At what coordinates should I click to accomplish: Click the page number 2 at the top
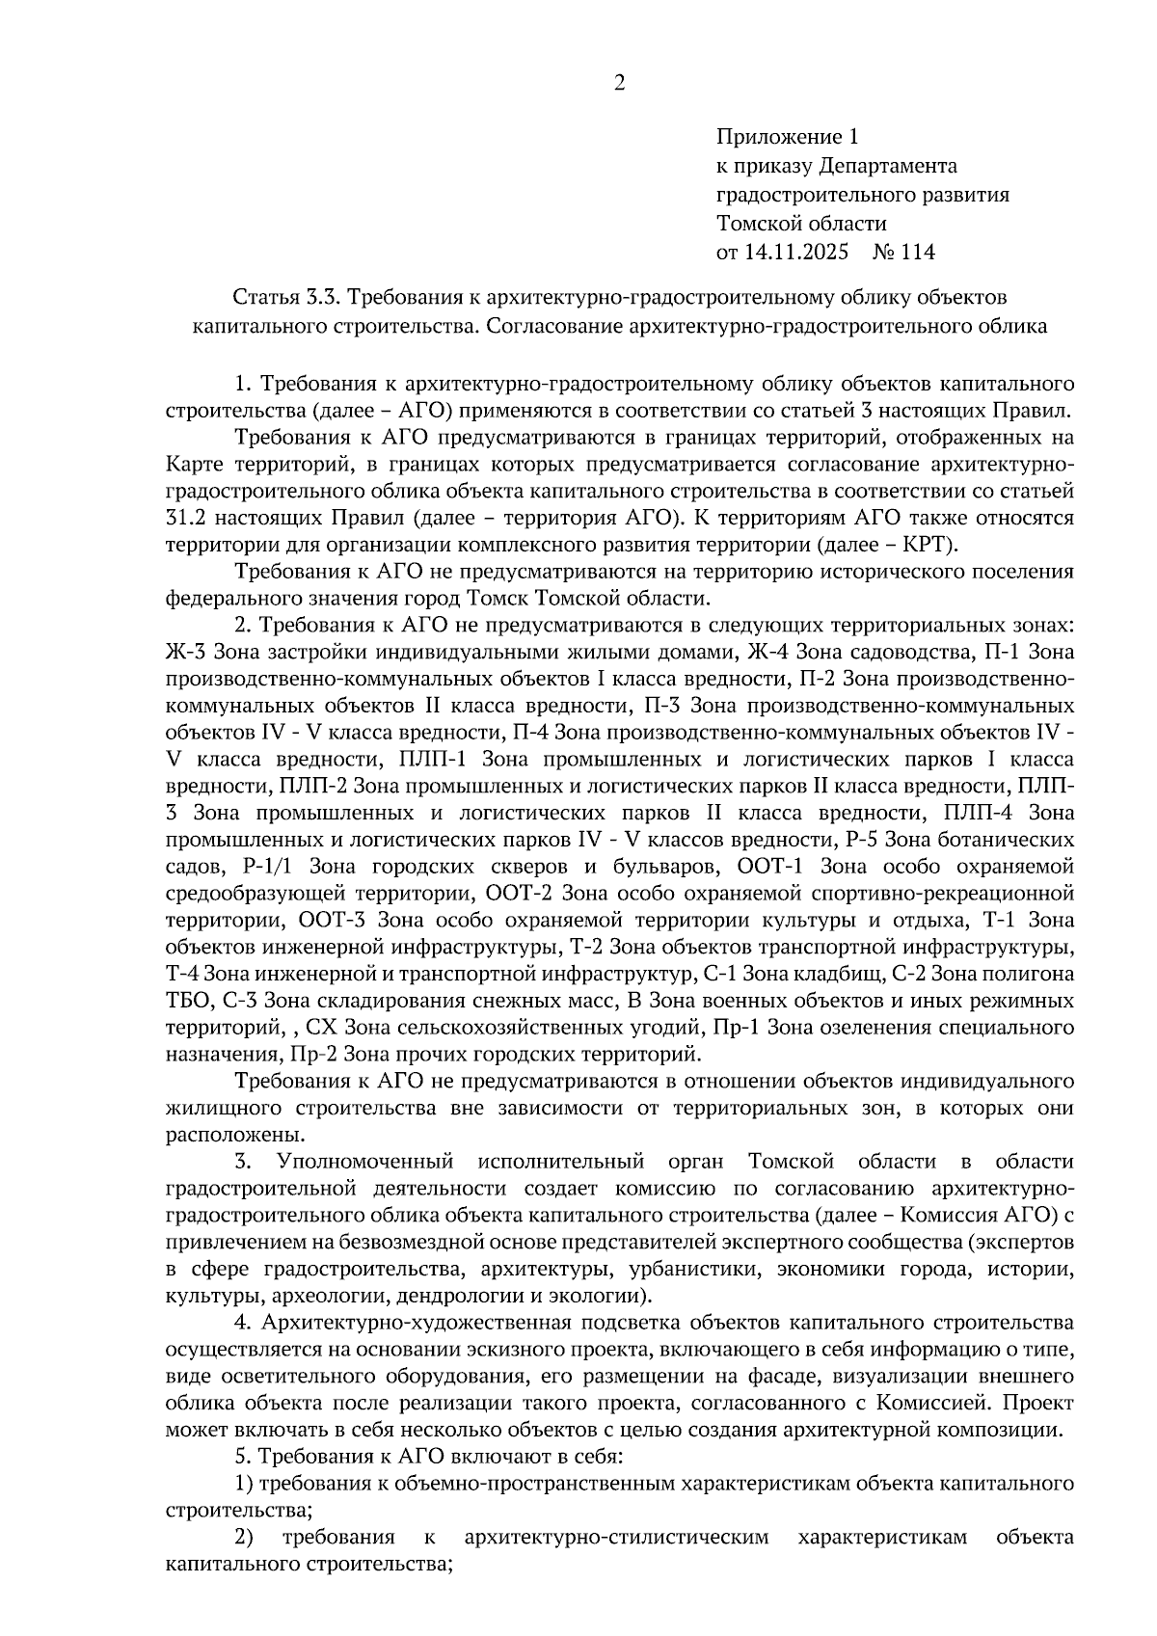click(x=619, y=83)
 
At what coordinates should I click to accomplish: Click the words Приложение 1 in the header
click(x=786, y=137)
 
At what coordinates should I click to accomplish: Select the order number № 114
click(x=903, y=253)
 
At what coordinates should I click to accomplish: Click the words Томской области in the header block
click(x=800, y=224)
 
